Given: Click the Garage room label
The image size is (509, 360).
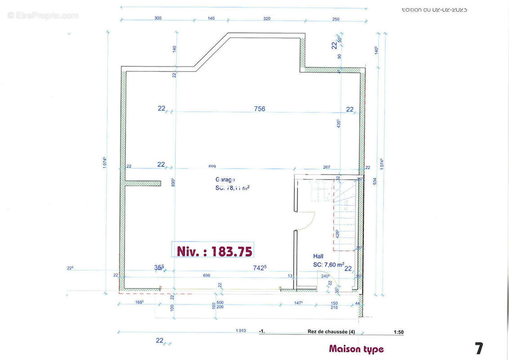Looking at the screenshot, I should pos(225,180).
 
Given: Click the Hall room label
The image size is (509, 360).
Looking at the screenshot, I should pos(318,256).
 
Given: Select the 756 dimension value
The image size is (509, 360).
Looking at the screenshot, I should pos(259,108).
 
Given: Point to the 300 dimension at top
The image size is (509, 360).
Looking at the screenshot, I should pos(158,18).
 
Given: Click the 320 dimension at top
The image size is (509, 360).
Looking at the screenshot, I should pos(267,18).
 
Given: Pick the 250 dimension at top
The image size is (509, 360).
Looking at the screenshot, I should pos(336,18).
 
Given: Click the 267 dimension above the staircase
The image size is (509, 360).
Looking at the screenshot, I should pos(326,167).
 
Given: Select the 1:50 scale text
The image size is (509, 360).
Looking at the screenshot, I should pos(398,333).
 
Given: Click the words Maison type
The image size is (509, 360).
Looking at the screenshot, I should pos(356,349).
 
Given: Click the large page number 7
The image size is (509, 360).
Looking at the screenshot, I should pos(479,348).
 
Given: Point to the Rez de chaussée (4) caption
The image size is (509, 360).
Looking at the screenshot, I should pos(331,332).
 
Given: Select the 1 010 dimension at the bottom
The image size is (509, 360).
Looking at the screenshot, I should pos(241,331).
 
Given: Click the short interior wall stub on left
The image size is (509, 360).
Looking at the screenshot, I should pos(143,183).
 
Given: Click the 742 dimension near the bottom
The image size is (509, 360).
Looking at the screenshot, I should pos(259,267).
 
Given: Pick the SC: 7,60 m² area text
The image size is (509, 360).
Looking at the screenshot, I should pos(329,265).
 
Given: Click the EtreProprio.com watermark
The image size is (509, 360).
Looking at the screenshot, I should pos(43,15).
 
